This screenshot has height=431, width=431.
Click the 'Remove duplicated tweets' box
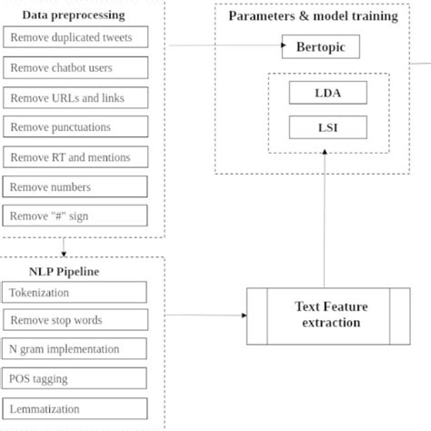point(75,38)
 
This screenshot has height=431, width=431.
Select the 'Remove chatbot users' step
point(75,68)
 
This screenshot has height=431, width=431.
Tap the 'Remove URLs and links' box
point(75,97)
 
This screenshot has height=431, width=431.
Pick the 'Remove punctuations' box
point(75,127)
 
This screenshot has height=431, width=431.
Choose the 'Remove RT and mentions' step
point(75,157)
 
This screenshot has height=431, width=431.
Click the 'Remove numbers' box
point(75,187)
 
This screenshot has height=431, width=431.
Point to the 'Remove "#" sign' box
point(75,216)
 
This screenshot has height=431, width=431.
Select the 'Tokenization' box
point(75,293)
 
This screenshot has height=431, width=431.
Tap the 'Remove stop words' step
point(75,320)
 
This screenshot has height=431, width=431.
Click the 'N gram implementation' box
point(75,349)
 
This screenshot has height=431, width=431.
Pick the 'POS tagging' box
point(75,378)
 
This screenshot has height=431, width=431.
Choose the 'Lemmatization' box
point(75,408)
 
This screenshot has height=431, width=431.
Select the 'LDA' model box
point(328,92)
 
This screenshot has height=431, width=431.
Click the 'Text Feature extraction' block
point(327,316)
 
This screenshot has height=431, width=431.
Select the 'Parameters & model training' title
point(312,16)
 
